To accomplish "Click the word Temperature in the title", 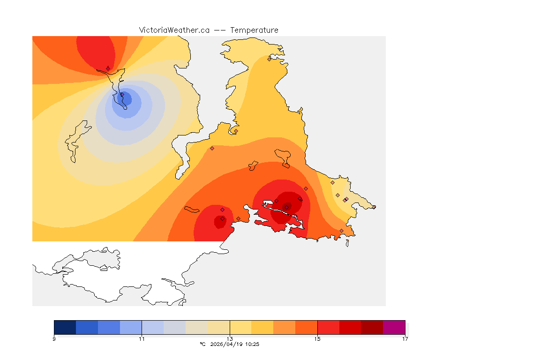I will [x=254, y=30].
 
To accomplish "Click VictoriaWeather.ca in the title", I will [x=174, y=30].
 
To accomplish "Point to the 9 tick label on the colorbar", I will [x=54, y=339].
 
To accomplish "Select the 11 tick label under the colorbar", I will [x=142, y=339].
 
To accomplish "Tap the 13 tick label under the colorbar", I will [x=230, y=339].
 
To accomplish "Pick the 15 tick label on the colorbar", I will [x=317, y=339].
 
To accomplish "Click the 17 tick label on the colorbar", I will [x=405, y=339].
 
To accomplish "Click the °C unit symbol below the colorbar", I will [x=202, y=344].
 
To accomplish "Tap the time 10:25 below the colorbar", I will [x=252, y=344].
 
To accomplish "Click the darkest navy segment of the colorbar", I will [x=65, y=327].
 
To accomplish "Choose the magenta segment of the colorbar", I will [x=394, y=327].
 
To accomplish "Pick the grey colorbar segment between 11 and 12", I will [x=175, y=327].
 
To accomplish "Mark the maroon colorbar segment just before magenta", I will [x=372, y=327].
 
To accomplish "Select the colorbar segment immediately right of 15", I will [x=328, y=327].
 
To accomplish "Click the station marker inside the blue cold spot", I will [x=122, y=95].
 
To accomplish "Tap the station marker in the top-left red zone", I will [x=108, y=68].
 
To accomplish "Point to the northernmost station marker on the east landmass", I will [x=269, y=59].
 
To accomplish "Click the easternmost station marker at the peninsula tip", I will [x=374, y=207].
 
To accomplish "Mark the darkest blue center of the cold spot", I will [x=126, y=99].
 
